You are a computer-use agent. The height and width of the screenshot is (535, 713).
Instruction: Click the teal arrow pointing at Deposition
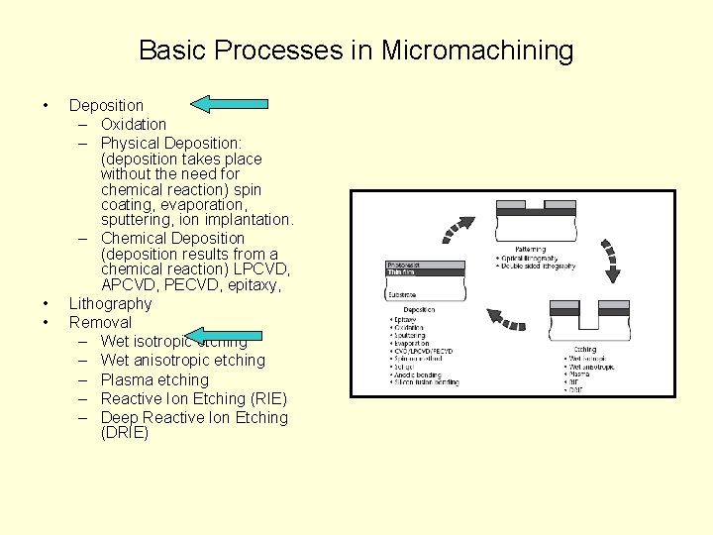tap(229, 102)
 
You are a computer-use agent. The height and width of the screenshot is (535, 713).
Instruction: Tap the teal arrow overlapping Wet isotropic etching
tap(224, 338)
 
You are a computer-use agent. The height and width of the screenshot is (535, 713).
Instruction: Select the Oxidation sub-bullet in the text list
tap(133, 124)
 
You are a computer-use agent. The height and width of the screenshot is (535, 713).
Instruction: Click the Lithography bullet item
tap(110, 303)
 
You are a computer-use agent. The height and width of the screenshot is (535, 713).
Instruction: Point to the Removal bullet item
tap(99, 322)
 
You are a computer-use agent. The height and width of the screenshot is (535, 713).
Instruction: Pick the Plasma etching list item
tap(154, 379)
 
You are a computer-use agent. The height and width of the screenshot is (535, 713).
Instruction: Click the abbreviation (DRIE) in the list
tap(124, 433)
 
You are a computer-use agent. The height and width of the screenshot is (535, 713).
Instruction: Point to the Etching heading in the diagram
tap(584, 349)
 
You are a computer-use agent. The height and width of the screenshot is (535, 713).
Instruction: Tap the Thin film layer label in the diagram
tap(401, 272)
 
